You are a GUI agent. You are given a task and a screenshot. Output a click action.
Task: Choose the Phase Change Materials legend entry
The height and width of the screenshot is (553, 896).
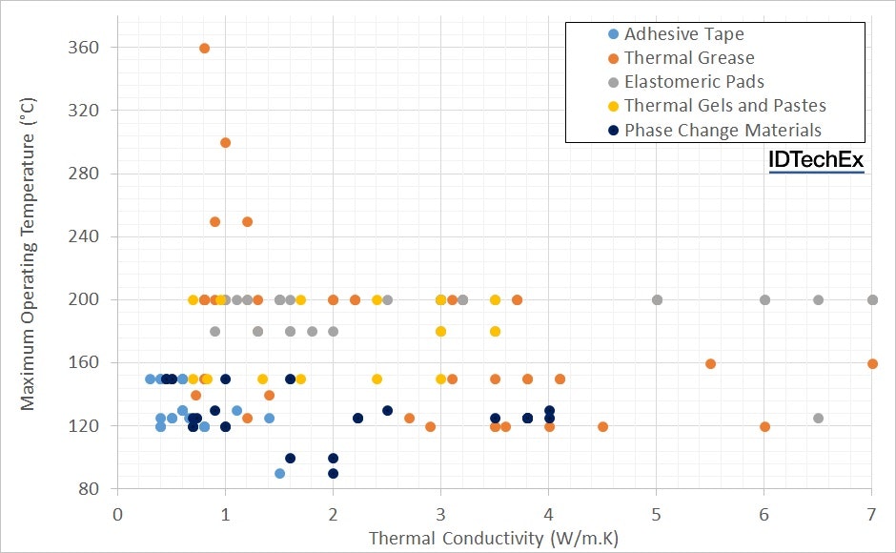coord(722,130)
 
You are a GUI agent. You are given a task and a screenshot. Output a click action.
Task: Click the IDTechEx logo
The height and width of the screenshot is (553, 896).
coord(816,161)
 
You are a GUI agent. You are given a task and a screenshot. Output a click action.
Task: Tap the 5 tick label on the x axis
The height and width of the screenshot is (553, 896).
coord(657,513)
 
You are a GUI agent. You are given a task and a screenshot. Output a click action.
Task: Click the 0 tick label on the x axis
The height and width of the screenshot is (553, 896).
coord(117,513)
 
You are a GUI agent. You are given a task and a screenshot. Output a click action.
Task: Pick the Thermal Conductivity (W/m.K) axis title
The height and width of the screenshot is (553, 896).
coord(494,539)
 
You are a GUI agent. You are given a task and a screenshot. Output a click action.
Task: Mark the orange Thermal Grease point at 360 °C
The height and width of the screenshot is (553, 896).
coord(204,48)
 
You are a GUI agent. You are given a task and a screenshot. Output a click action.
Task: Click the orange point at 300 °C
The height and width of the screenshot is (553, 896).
coord(225,143)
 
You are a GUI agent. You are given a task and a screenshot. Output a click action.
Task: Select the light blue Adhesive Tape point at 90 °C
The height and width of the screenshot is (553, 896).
coord(279,473)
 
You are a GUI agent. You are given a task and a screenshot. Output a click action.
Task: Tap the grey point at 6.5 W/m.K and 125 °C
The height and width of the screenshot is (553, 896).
coord(818,418)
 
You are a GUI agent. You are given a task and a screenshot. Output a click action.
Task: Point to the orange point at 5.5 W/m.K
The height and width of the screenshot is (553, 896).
coord(710,363)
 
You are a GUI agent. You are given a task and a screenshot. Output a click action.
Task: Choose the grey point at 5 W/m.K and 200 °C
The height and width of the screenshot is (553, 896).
coord(657,299)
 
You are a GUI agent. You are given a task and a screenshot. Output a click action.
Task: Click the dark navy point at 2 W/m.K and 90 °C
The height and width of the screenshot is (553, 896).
coord(333,473)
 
